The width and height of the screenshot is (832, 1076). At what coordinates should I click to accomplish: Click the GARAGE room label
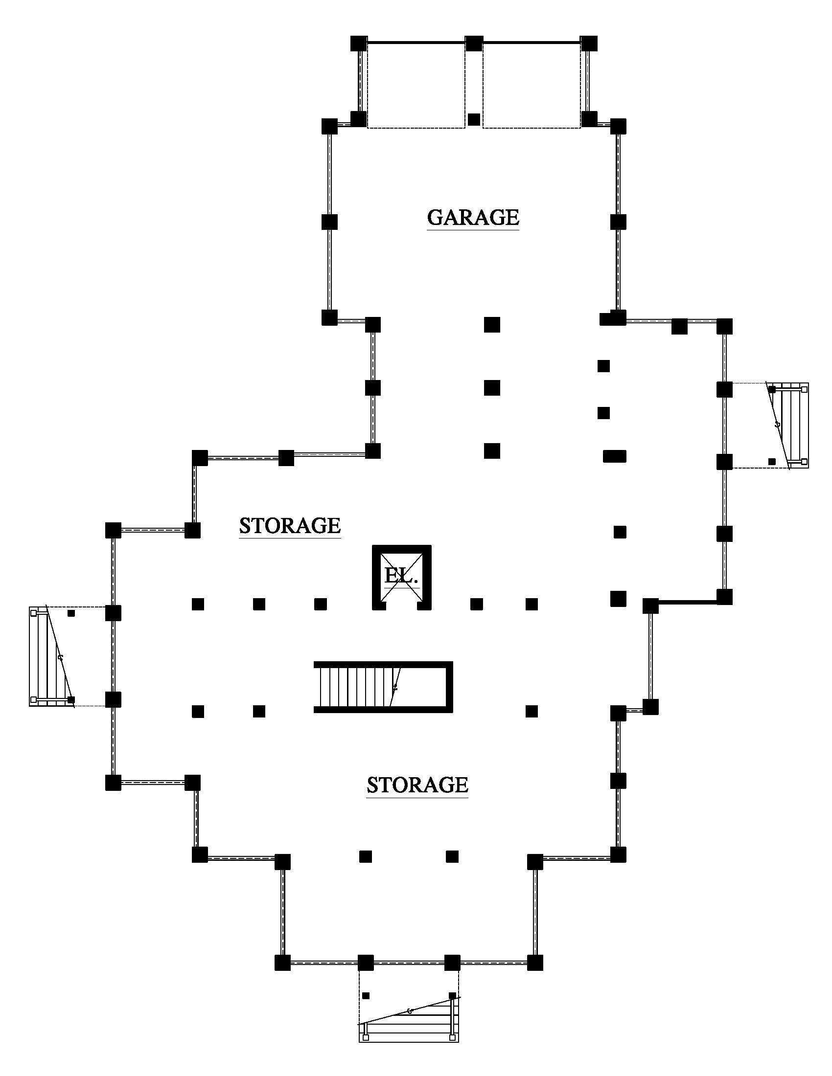coord(473,217)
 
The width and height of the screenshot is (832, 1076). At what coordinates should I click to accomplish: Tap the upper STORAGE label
coord(290,526)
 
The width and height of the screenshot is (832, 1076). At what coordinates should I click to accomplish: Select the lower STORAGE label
coord(417,785)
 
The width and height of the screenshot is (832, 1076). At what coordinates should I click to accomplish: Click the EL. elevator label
coord(401,576)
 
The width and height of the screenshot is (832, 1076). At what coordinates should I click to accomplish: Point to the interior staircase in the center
coord(383,687)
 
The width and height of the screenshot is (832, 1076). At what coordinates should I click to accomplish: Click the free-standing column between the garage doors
coord(474,119)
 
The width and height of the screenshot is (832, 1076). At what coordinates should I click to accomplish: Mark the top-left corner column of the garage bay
coord(359,44)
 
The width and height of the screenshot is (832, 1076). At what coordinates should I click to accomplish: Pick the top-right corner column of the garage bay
coord(588,44)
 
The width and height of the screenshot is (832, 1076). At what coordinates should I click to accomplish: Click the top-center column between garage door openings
coord(474,44)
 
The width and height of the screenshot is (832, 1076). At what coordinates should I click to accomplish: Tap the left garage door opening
coord(416,85)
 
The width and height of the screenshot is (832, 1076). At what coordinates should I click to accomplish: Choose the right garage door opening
coord(532,85)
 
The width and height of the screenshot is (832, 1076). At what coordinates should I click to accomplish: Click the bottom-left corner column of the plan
coord(282,963)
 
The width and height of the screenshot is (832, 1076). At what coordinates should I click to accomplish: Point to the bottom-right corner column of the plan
coord(535,963)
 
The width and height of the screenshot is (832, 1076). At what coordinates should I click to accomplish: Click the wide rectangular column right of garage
coord(615,456)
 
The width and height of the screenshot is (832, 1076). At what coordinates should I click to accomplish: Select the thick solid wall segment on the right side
coord(687,602)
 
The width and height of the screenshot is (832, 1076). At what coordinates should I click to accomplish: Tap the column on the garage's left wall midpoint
coord(329,222)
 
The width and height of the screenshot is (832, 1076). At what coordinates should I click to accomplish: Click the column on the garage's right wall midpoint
coord(618,222)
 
